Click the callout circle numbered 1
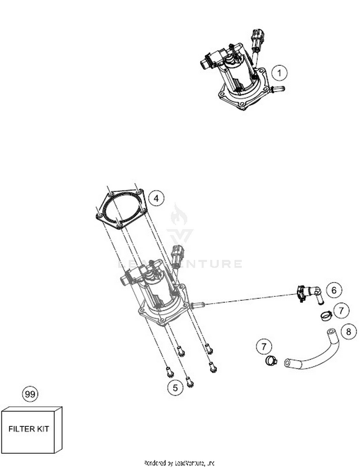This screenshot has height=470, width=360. tap(280, 73)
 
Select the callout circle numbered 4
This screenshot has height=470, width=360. tap(156, 198)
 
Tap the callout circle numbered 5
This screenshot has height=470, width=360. tap(175, 388)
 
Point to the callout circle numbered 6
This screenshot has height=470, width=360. tap(334, 290)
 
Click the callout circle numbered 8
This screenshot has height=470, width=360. tap(349, 330)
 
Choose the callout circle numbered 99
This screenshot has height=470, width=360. tap(30, 394)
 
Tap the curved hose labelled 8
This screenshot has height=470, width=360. tap(314, 352)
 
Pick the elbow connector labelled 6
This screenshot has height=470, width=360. tap(309, 293)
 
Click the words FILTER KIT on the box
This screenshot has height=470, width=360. tap(29, 429)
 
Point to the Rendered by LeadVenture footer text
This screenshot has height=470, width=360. tap(179, 463)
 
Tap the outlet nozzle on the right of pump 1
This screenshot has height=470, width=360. tap(277, 89)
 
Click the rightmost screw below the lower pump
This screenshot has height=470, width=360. tap(213, 368)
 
